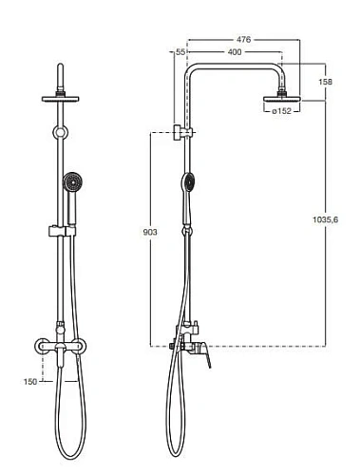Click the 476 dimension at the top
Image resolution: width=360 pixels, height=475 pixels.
point(244,39)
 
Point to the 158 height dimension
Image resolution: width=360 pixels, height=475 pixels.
point(326,81)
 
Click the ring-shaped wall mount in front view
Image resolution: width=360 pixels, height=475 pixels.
point(62,132)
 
